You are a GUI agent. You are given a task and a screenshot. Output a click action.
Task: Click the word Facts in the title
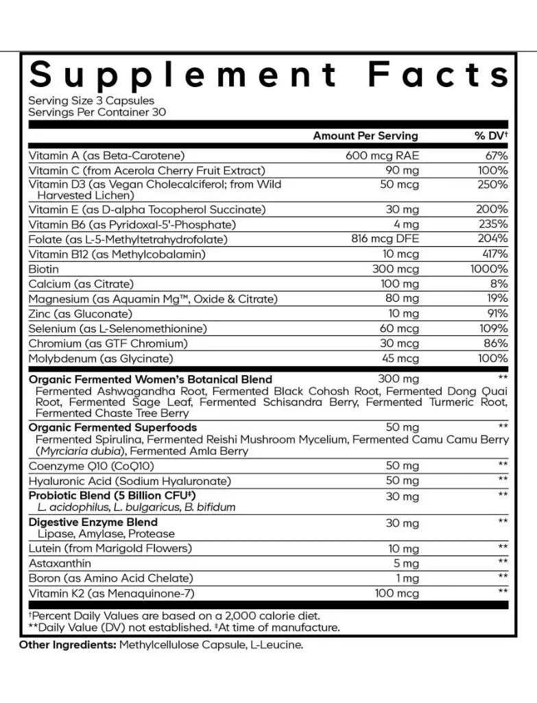439,75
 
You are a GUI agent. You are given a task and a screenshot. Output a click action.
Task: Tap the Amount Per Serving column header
365,136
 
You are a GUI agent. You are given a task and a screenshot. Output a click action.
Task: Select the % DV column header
491,136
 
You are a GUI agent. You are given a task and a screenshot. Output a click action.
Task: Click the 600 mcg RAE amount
382,156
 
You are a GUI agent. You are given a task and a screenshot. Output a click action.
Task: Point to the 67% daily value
496,156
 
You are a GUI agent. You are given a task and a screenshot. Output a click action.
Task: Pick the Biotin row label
43,269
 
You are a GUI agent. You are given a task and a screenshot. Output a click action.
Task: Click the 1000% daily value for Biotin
489,269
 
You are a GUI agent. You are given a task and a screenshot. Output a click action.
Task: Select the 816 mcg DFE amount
384,239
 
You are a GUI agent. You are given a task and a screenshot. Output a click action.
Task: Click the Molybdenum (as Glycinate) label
101,358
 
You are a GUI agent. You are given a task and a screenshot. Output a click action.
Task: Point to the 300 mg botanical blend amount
398,379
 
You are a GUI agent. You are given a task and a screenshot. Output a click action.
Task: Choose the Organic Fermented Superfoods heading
112,427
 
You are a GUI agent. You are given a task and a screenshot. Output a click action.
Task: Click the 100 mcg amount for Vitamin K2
396,592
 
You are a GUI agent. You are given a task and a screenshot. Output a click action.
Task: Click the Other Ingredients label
67,645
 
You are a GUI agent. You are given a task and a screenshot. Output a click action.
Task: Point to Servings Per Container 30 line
97,112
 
